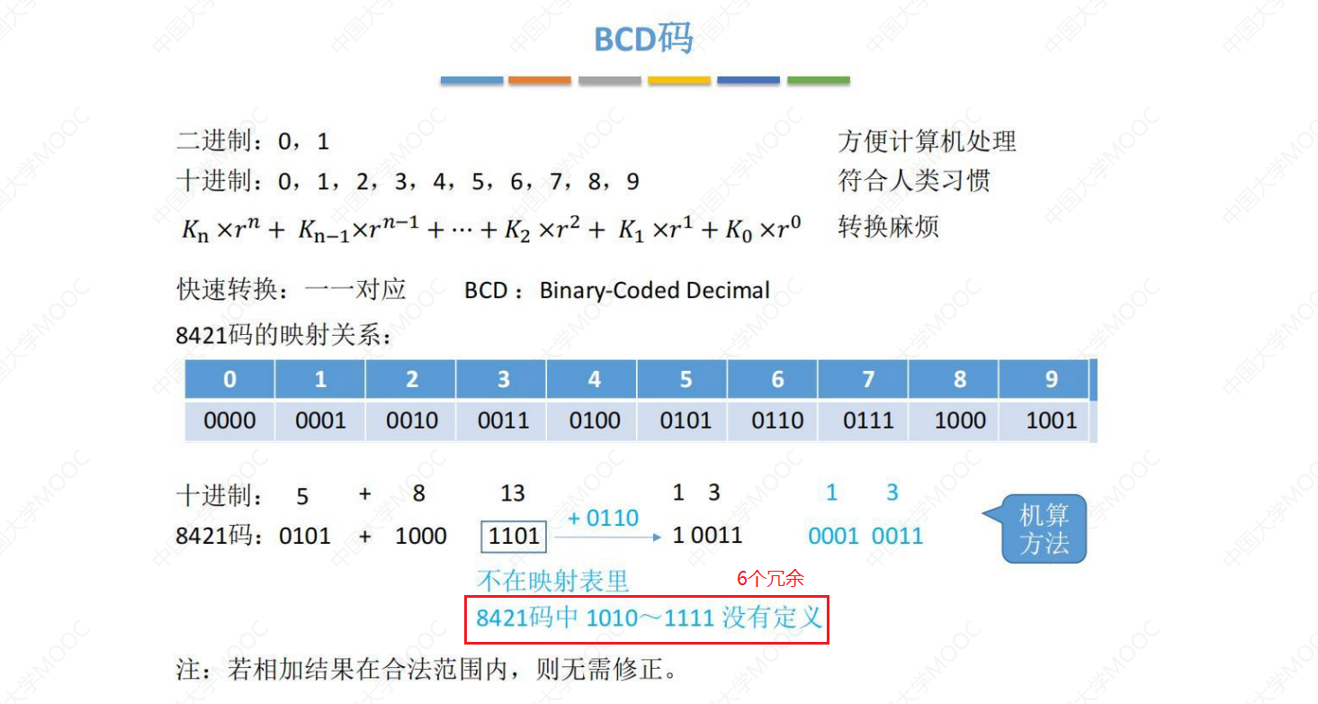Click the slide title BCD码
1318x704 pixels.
pos(643,40)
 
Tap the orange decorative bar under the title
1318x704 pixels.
pos(540,81)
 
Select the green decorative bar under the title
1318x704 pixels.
pos(818,81)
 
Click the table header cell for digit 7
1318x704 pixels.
pos(868,380)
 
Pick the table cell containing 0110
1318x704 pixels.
pos(777,420)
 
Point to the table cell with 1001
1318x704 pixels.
pos(1051,420)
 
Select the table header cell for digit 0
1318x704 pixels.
pos(229,380)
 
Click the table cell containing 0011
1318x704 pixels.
pos(503,420)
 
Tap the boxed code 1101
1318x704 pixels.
pos(514,537)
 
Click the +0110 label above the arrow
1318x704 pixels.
pos(603,519)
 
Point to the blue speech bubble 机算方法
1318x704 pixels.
pos(1044,529)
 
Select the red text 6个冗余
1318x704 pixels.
pos(770,579)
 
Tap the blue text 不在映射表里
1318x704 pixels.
pos(552,581)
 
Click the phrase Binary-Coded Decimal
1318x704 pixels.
pos(654,291)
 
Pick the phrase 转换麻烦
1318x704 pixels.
pos(888,226)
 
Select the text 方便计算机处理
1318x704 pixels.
pos(927,141)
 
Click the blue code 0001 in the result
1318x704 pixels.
pos(833,537)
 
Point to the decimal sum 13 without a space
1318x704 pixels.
pos(513,493)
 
